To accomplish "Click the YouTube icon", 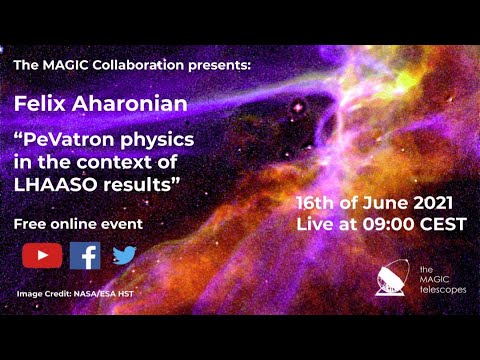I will pyautogui.click(x=42, y=256).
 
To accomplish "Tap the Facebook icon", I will pyautogui.click(x=85, y=256).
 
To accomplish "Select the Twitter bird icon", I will pyautogui.click(x=124, y=256).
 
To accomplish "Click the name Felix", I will pyautogui.click(x=39, y=103).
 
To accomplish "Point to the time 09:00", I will pyautogui.click(x=389, y=225).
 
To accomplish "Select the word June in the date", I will pyautogui.click(x=383, y=202).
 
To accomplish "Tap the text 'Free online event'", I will pyautogui.click(x=79, y=224).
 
